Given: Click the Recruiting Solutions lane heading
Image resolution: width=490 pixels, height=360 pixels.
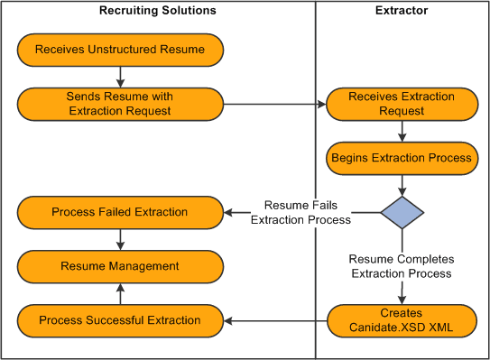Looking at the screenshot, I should pos(158,11).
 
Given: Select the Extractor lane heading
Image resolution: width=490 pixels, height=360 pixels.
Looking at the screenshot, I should pos(402,11).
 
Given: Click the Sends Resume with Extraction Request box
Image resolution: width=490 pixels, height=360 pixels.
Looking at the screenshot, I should pos(119,103).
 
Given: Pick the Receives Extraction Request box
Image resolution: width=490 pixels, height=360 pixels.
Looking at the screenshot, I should pos(402,103).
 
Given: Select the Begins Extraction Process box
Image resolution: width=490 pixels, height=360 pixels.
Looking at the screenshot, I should pos(402,157).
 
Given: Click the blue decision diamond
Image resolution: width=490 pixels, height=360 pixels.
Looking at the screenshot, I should pos(402,212).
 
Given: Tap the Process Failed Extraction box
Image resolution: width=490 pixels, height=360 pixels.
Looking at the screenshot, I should pos(119,212).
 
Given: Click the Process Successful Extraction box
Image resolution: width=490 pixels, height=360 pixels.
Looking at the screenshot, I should pos(119,319).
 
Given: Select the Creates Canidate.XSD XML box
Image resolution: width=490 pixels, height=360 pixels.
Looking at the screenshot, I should pos(402,319).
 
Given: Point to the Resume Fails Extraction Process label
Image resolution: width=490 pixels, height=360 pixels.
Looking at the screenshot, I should pos(300,212).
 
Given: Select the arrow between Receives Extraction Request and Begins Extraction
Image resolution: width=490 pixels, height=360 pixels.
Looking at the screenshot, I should pos(402,130).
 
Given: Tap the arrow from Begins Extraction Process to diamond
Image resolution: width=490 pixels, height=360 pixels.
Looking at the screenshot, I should pos(402,183).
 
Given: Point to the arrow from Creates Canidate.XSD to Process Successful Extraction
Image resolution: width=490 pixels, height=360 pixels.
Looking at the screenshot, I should pos(274,319).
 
